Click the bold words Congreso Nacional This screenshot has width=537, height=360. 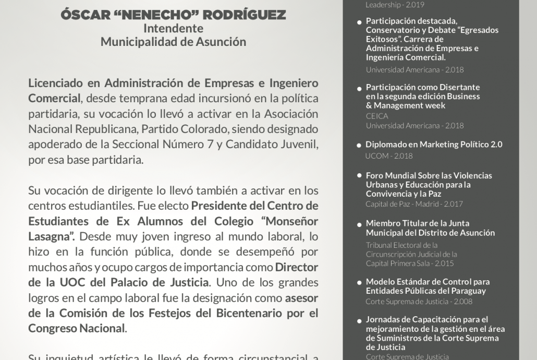point(76,329)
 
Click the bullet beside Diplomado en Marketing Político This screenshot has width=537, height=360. point(359,145)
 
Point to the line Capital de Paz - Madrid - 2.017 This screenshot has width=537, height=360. point(414,204)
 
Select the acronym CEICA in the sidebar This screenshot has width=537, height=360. point(377,116)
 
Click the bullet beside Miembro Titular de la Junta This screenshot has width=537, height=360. point(359,224)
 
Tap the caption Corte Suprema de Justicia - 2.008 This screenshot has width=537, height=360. point(419,301)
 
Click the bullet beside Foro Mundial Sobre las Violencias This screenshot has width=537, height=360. point(359,176)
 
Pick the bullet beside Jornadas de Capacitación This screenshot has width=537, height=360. point(359,320)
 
